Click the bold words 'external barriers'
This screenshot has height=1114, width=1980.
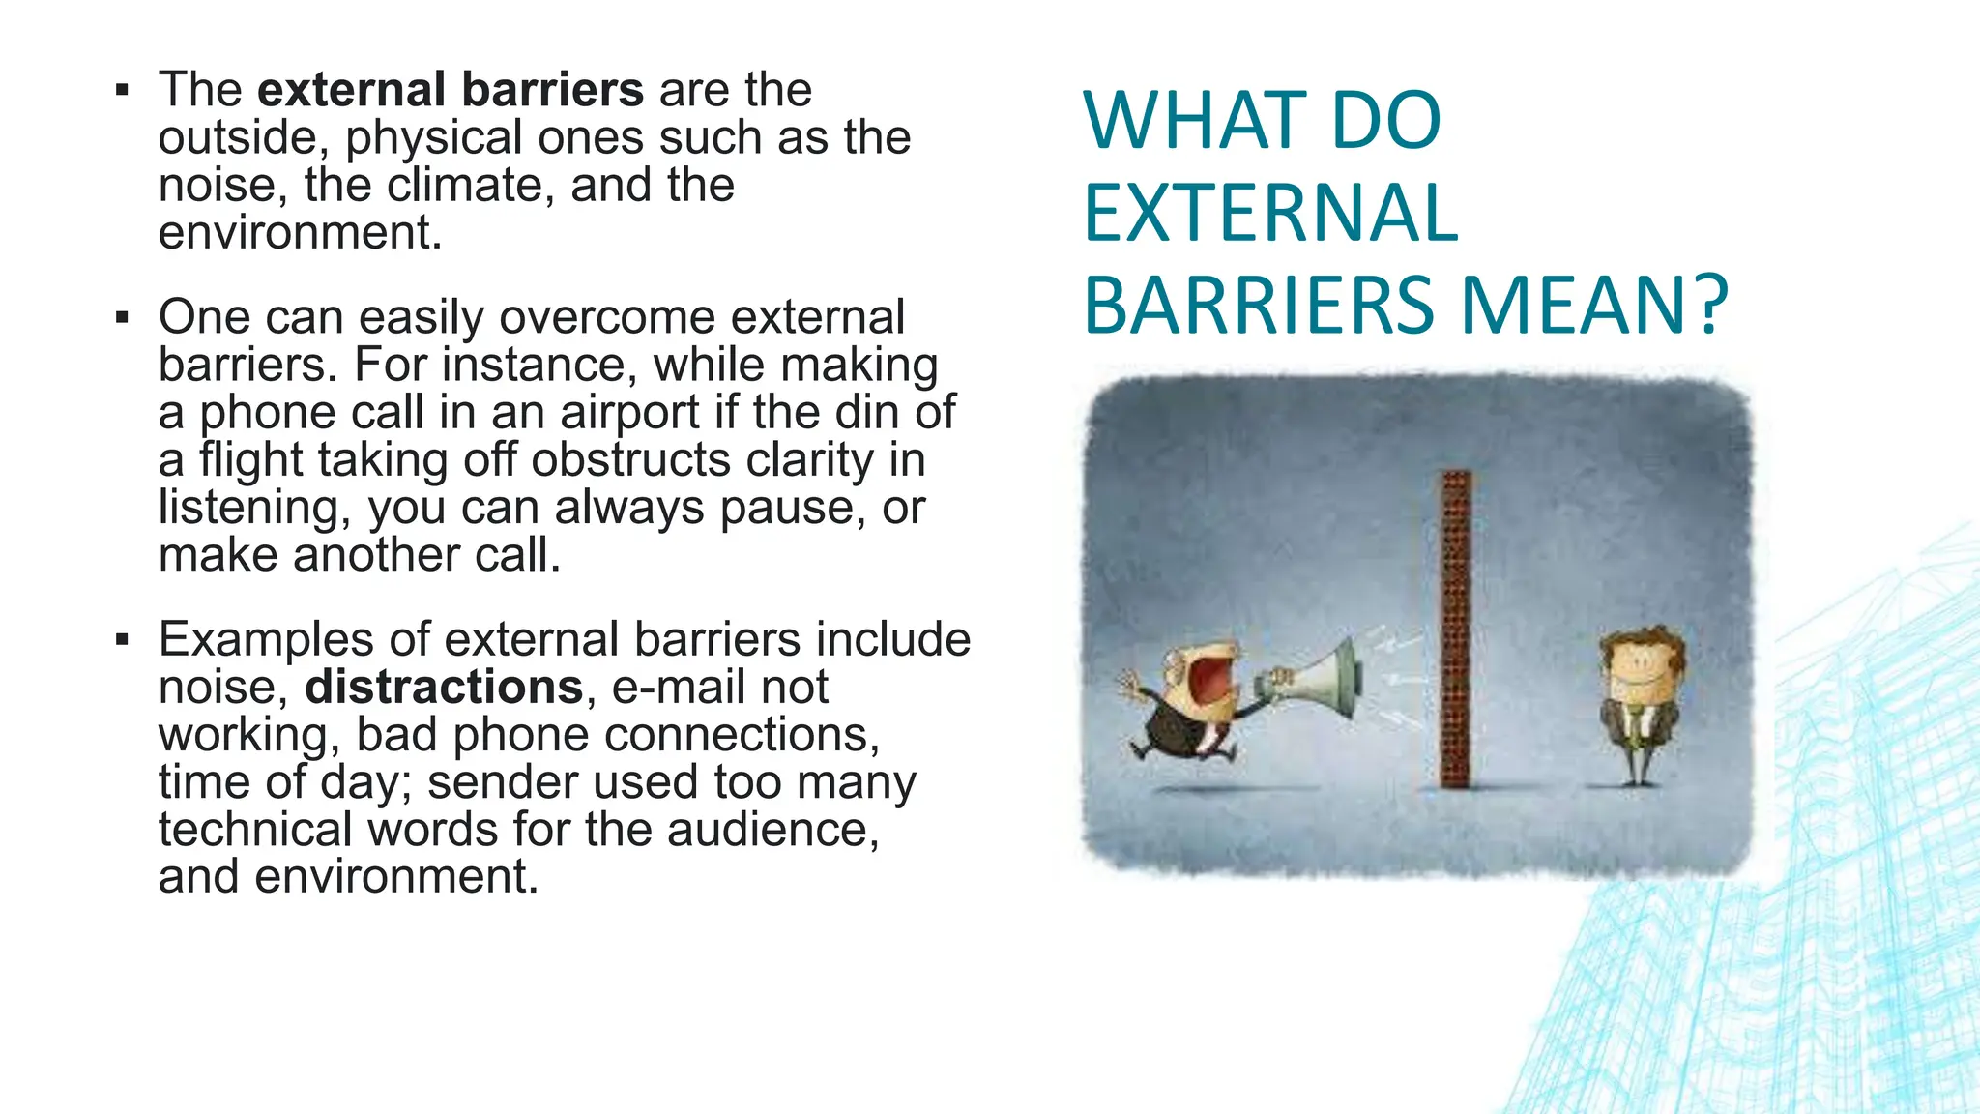click(450, 90)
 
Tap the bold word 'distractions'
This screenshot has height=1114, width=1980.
click(444, 688)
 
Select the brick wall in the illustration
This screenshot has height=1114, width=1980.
click(1455, 629)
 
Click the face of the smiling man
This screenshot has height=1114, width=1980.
click(1641, 667)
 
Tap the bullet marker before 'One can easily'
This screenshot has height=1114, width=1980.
click(122, 317)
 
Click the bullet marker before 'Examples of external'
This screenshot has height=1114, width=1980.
click(122, 639)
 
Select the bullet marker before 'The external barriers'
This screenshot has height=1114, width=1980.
click(122, 91)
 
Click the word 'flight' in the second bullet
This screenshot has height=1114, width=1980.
click(250, 460)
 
